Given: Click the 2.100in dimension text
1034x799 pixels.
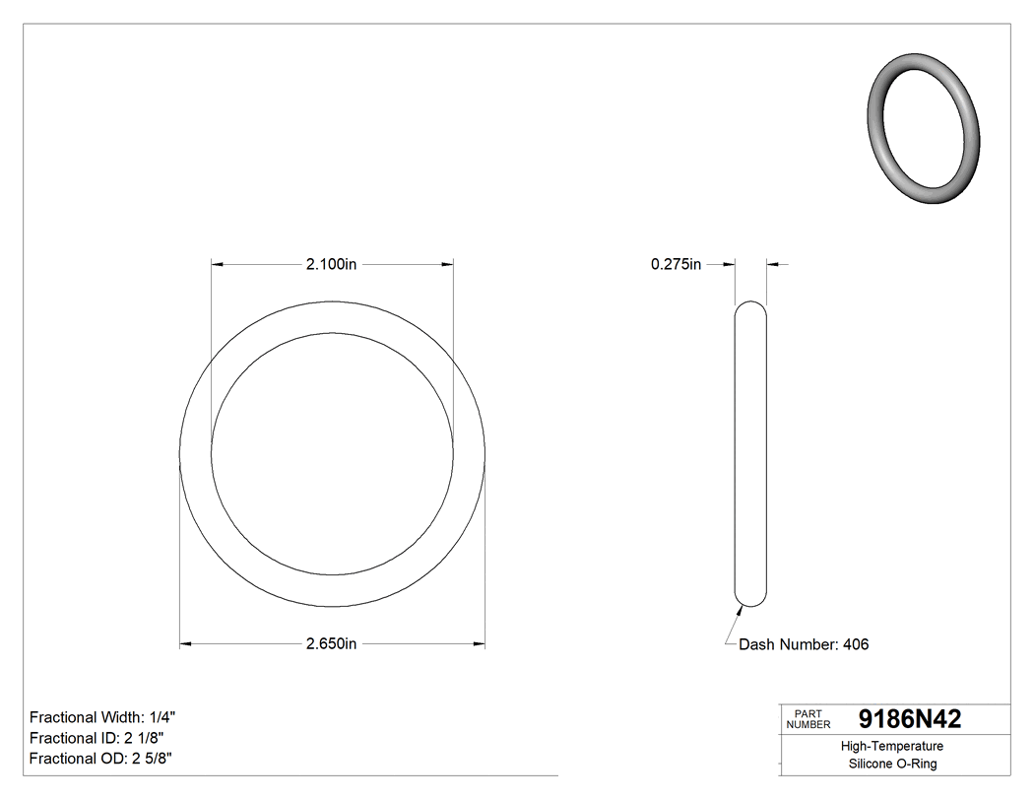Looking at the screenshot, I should coord(331,264).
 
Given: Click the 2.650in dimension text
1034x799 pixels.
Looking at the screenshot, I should coord(331,644).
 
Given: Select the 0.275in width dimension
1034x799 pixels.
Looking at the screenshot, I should coord(676,264).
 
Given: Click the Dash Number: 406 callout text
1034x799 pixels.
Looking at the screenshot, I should coord(804,644).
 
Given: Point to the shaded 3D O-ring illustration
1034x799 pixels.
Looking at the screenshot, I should coord(923,126).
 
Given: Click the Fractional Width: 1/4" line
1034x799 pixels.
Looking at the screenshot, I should coord(103,717).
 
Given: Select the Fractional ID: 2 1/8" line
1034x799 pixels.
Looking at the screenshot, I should coord(97,738).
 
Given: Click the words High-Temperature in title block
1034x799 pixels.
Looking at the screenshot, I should coord(893,747).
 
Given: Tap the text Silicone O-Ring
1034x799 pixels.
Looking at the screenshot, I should coord(893,765).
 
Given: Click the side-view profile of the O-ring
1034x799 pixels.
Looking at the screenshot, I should coord(751,453).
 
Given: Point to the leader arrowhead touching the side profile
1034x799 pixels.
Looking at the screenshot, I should coord(740,608).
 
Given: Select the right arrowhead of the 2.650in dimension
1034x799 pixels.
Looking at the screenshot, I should coord(480,644).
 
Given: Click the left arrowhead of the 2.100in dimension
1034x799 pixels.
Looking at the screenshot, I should coord(218,264).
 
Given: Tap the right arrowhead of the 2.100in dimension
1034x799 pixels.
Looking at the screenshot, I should coord(447,264).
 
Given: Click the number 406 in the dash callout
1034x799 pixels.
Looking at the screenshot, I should coord(855,644).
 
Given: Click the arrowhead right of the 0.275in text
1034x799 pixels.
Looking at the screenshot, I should coord(730,264).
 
